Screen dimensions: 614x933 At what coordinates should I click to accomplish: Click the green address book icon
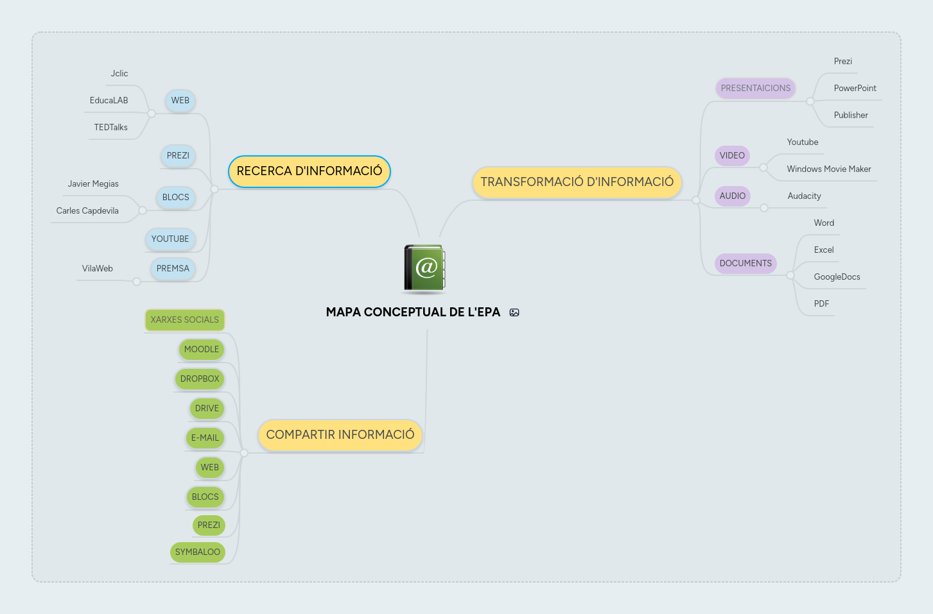(x=424, y=268)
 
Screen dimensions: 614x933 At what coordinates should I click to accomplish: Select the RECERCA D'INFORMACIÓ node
(x=310, y=171)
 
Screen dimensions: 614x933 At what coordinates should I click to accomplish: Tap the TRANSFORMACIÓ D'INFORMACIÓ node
(x=577, y=182)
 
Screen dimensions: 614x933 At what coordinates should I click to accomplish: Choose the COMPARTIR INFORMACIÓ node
(x=340, y=435)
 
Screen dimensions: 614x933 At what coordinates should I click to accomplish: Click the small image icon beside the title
(x=514, y=312)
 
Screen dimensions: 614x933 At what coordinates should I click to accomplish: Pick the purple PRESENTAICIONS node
(x=755, y=89)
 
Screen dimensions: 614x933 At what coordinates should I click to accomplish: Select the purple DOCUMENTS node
(x=746, y=264)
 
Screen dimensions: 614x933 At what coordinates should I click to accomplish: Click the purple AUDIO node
(x=732, y=196)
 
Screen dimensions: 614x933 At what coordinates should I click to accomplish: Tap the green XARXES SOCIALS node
(x=185, y=320)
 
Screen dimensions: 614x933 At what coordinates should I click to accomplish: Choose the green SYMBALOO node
(x=198, y=552)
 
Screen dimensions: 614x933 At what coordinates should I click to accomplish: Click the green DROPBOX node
(x=200, y=379)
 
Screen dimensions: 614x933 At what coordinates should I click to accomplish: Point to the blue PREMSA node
(x=173, y=269)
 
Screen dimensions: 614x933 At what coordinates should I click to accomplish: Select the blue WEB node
(x=180, y=101)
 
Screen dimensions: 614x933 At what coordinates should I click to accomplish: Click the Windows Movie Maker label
(x=829, y=169)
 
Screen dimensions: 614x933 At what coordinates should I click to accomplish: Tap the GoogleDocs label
(x=837, y=277)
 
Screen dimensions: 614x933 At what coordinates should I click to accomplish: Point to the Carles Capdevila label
(x=87, y=211)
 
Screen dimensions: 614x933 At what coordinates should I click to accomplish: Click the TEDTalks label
(x=111, y=128)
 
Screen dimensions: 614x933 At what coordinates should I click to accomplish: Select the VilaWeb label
(x=98, y=269)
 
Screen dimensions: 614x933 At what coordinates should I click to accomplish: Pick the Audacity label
(x=804, y=196)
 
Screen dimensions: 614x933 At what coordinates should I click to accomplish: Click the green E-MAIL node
(x=205, y=438)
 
